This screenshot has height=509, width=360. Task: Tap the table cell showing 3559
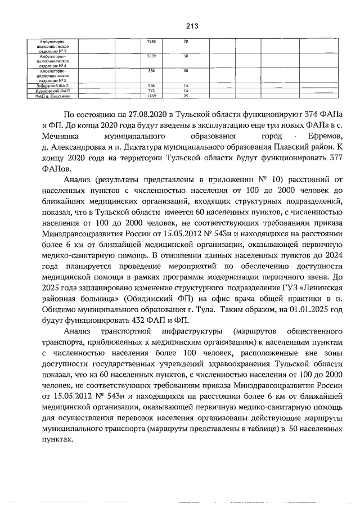click(x=151, y=56)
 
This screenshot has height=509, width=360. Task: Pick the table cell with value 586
click(x=151, y=71)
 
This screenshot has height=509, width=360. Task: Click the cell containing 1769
click(x=151, y=96)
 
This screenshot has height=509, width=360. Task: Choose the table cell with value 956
click(x=151, y=85)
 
